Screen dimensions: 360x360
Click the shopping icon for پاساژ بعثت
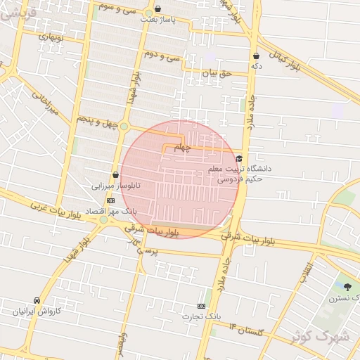tap(156, 10)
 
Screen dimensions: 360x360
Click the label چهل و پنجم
tap(94, 120)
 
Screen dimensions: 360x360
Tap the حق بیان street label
tap(217, 73)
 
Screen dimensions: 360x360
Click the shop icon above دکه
tap(256, 56)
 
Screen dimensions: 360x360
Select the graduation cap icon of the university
tap(240, 159)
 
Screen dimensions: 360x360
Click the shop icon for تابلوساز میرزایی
tap(115, 175)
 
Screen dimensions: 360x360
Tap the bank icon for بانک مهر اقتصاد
tap(111, 200)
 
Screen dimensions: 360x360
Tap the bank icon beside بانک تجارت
tap(202, 306)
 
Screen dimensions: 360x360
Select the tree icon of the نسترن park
tap(348, 286)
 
